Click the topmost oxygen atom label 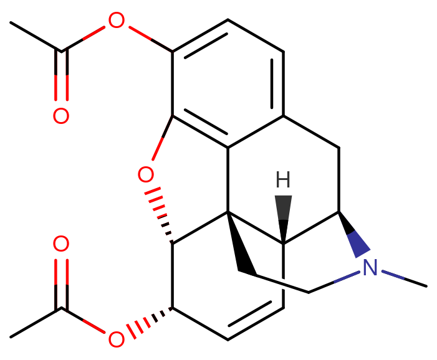[117, 21]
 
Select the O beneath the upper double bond [61, 116]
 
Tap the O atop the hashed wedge [146, 175]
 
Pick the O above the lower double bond [61, 244]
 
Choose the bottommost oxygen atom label [117, 339]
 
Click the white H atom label [283, 179]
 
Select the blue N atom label [370, 268]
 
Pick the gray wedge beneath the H [283, 215]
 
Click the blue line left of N [347, 277]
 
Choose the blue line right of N [393, 274]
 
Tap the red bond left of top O [95, 33]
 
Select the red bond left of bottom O [94, 326]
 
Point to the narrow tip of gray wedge [283, 240]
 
